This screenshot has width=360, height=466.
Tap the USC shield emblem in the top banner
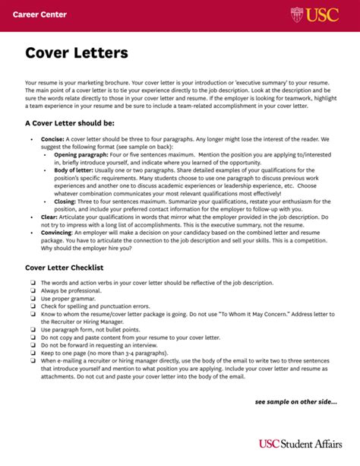click(297, 14)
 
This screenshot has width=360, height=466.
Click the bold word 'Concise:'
click(52, 139)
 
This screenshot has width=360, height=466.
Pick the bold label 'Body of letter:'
click(74, 171)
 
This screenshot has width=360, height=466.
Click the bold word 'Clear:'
click(49, 216)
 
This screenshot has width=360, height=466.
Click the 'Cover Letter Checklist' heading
click(64, 268)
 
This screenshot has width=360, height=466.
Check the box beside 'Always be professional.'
click(33, 290)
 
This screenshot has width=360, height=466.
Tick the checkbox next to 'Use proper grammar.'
click(33, 298)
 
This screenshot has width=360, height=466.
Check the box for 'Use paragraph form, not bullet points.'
click(33, 329)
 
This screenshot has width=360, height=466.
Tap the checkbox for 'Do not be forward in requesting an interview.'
click(33, 345)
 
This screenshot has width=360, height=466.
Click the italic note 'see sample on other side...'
click(295, 402)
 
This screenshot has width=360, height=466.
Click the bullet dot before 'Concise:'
click(32, 139)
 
